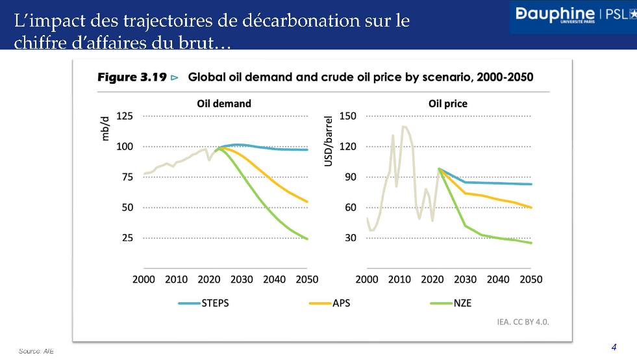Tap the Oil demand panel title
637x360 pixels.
coord(224,103)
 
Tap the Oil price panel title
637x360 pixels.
coord(448,103)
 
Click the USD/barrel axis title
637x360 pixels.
coord(329,140)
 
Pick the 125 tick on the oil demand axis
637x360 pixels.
coord(124,116)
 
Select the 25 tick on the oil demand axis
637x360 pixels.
coord(127,238)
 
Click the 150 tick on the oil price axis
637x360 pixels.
coord(349,116)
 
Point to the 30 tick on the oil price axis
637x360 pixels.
coord(351,238)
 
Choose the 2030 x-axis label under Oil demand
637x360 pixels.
coord(242,279)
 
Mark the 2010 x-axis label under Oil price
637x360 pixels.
coord(400,279)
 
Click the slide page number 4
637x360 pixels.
coord(614,346)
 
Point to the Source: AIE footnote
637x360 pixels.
coord(36,351)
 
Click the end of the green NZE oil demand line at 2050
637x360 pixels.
coord(307,239)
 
